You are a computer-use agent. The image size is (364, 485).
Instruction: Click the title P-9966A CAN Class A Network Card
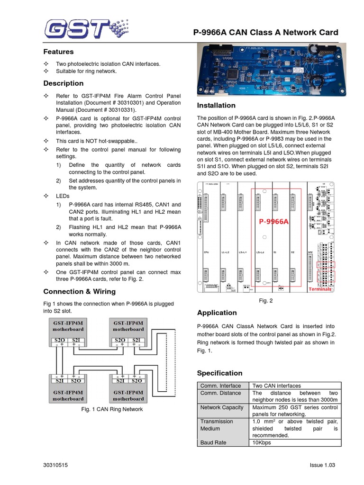coord(266,32)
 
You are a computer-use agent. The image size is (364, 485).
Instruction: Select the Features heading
coord(58,52)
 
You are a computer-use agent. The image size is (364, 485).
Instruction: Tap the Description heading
coord(63,83)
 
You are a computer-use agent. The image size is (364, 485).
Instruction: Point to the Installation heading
coord(216,105)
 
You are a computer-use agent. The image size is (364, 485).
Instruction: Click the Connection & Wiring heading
coord(79,291)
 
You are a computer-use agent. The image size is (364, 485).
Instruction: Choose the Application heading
coord(217,313)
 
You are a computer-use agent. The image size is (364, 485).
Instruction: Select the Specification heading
coord(219,373)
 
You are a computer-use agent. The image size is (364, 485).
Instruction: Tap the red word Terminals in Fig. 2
coord(320,289)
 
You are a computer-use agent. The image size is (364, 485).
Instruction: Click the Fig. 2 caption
coord(266,300)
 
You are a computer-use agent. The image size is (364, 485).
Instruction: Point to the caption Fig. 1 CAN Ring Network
coord(112,409)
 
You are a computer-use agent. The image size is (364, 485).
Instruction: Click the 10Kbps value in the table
coord(262,442)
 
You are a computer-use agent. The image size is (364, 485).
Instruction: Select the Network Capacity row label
coord(222,407)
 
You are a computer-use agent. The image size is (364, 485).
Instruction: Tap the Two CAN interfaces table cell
coord(276,386)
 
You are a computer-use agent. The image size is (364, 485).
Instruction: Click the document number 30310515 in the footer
coord(55,466)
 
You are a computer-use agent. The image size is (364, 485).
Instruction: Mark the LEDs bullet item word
coord(63,196)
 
